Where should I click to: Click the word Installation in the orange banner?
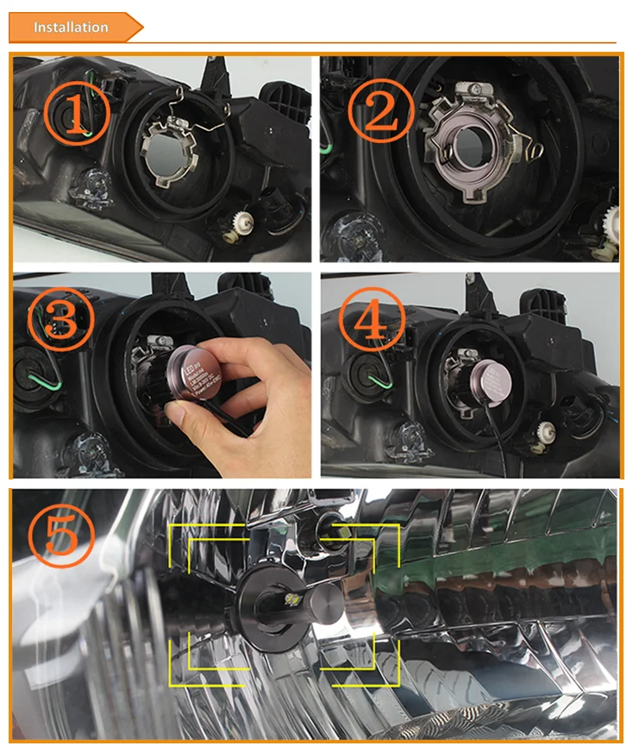71,28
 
